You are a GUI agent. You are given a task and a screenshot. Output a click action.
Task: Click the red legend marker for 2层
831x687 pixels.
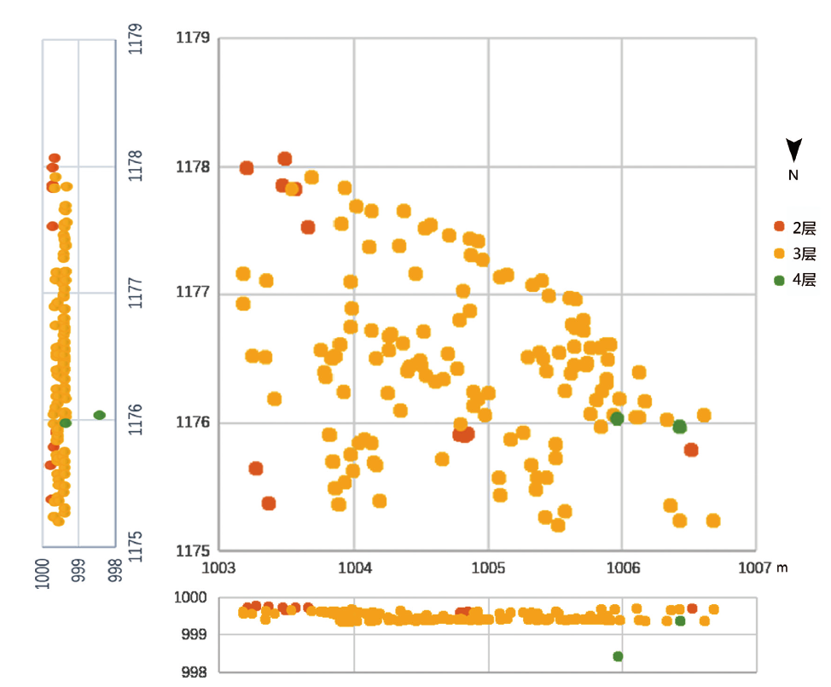pos(779,227)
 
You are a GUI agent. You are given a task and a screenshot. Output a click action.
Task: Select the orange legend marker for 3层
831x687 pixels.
pos(779,253)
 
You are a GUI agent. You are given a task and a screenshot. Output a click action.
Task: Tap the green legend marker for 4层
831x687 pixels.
pos(779,279)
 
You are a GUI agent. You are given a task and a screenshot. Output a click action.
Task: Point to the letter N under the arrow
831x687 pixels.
pos(793,175)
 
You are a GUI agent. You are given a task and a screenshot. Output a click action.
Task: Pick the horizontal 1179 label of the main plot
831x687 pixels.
pos(193,38)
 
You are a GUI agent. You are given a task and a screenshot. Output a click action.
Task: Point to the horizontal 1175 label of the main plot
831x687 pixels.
pos(193,550)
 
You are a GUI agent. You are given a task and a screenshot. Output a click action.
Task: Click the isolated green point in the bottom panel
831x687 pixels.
pos(618,656)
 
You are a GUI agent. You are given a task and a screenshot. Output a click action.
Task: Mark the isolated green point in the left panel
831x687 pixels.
pos(99,415)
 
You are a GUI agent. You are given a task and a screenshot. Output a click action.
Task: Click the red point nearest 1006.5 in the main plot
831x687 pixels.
pos(691,450)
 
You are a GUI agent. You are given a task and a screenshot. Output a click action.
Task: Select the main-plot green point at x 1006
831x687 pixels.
pos(617,419)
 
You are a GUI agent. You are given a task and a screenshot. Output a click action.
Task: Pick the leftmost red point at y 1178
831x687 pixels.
pos(247,168)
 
